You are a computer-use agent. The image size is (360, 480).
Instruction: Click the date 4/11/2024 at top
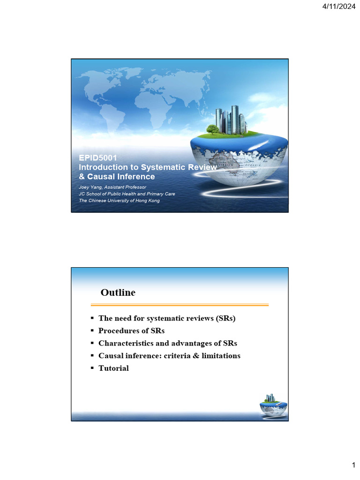(339, 6)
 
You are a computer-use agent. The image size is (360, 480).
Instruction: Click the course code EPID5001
(97, 158)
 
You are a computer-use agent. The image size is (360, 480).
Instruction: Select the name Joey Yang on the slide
(91, 187)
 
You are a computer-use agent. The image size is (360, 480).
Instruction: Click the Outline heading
(118, 293)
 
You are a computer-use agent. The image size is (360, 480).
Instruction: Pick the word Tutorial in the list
(113, 368)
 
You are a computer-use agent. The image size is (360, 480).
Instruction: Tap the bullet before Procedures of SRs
(92, 331)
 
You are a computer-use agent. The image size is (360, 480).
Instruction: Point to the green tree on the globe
(212, 129)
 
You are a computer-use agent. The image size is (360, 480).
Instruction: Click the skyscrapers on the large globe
(231, 120)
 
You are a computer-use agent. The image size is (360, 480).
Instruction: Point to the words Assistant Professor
(126, 187)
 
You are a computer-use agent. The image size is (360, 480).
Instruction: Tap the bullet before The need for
(92, 318)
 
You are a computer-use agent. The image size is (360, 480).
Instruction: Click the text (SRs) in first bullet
(225, 318)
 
